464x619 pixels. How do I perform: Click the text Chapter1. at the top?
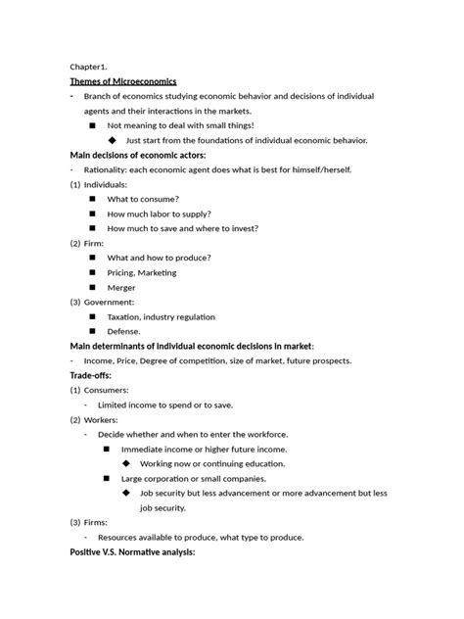tap(89, 66)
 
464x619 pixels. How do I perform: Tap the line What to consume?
tap(143, 199)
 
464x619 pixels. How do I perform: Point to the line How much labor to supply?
tap(159, 214)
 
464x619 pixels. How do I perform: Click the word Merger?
tap(121, 288)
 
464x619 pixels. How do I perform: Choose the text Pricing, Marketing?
tap(140, 273)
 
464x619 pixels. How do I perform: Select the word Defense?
tap(124, 332)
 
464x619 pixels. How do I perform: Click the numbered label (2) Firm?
tap(87, 243)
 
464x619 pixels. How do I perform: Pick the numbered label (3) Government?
tap(102, 303)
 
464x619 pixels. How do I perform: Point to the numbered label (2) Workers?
tap(94, 419)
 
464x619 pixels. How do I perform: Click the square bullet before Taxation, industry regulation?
tap(92, 317)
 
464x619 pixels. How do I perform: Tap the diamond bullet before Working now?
tap(126, 463)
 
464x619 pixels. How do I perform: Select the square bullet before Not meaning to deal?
tap(92, 125)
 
